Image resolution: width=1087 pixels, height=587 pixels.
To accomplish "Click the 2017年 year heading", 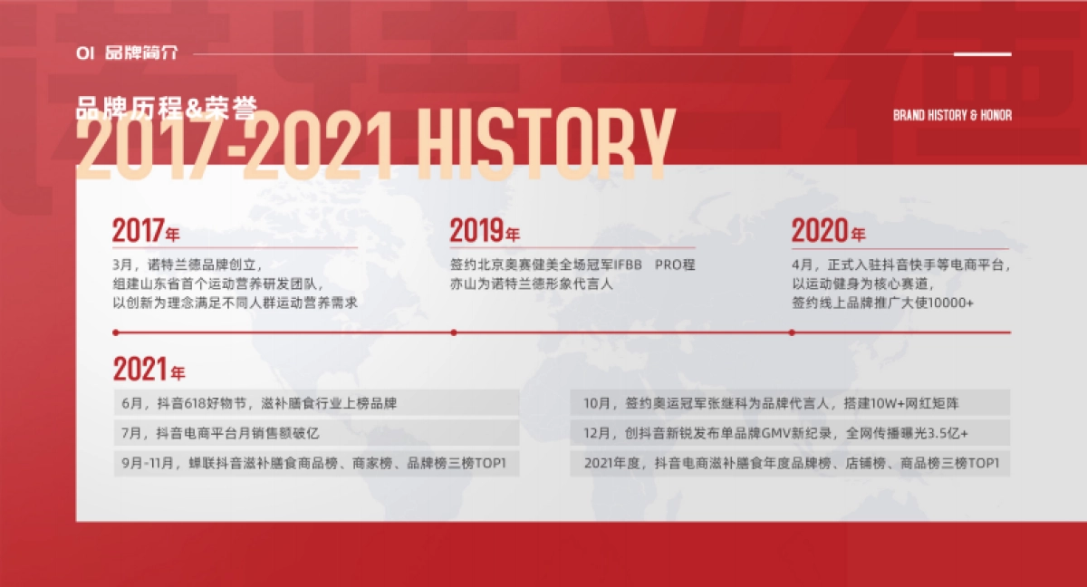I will click(x=146, y=231).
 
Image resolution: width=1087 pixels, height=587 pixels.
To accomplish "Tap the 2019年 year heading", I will click(x=485, y=231).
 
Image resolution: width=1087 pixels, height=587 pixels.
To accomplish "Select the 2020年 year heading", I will click(x=828, y=231).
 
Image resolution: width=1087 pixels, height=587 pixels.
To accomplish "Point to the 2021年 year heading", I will click(x=149, y=370).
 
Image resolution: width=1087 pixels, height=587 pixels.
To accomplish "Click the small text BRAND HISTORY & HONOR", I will click(x=952, y=115).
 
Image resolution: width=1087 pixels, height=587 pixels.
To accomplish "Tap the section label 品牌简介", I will click(x=141, y=53).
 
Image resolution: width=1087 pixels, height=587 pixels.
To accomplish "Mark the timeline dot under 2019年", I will click(x=454, y=332).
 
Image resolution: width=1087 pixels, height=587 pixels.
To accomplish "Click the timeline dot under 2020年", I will click(x=793, y=332).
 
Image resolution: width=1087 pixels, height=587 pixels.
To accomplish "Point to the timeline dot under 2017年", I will click(x=115, y=332).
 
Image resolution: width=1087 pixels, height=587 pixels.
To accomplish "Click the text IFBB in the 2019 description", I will click(x=628, y=265).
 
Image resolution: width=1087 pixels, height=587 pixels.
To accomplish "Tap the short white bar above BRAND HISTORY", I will click(x=982, y=54).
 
